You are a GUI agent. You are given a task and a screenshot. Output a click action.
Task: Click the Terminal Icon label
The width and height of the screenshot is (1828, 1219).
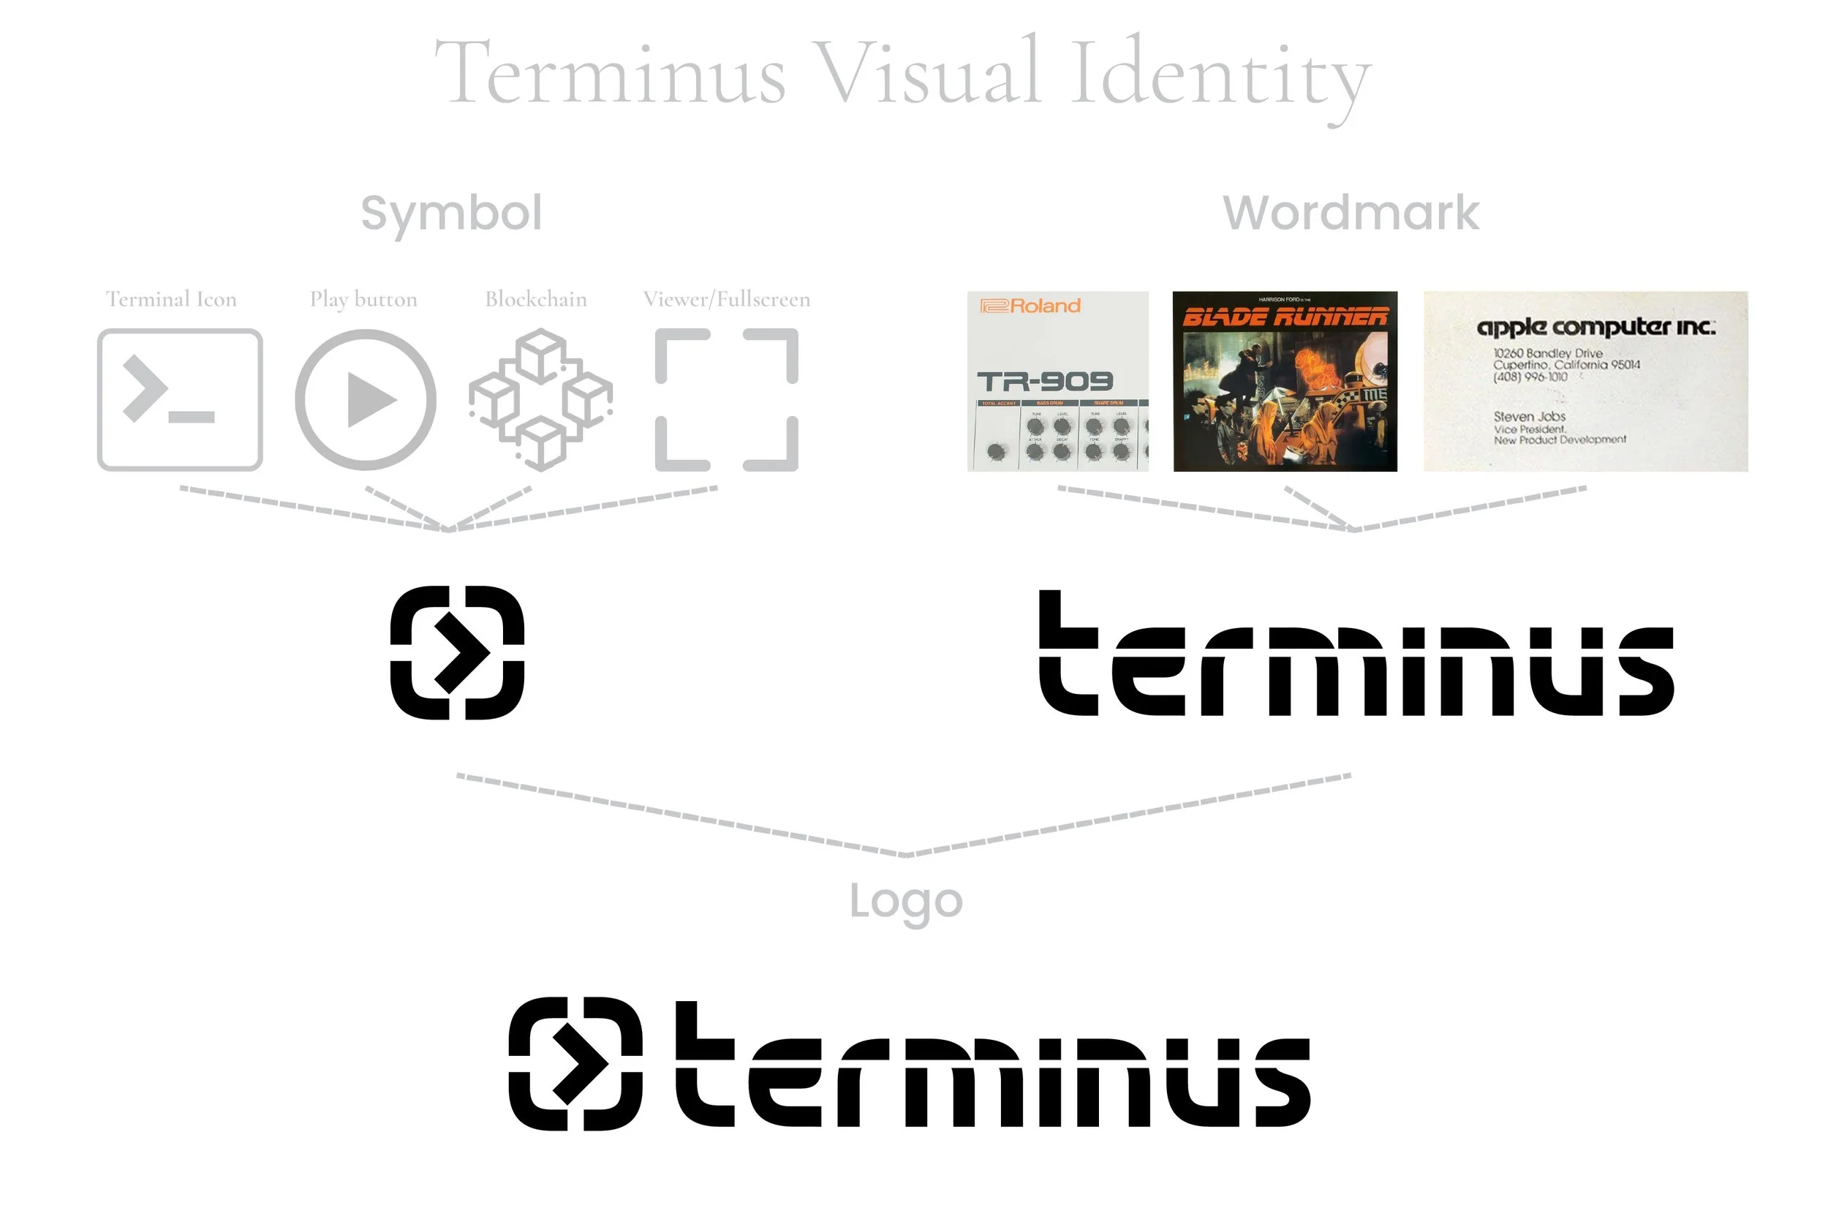click(x=171, y=299)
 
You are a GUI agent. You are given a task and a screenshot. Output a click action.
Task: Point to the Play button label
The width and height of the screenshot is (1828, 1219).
click(x=363, y=299)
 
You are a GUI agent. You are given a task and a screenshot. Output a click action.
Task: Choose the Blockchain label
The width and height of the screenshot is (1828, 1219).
click(x=535, y=299)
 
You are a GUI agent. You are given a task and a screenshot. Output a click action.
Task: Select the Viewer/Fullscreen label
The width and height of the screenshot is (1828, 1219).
click(x=726, y=299)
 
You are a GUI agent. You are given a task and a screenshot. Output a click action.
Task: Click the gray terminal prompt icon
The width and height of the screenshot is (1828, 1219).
click(x=180, y=399)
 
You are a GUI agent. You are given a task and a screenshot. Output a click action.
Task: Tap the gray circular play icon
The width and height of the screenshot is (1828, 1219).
click(x=366, y=399)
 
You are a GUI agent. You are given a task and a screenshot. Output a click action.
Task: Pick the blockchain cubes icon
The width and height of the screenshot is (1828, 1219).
click(x=541, y=399)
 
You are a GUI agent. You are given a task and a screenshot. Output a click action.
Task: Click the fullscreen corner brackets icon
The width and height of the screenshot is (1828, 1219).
click(x=726, y=399)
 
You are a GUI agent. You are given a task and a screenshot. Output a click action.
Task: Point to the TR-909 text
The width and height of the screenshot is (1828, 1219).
click(x=1045, y=382)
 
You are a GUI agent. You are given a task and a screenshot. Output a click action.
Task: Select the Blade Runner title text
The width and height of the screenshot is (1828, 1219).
click(x=1284, y=317)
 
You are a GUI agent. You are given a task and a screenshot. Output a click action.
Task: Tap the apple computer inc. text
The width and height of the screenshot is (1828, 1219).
click(x=1595, y=327)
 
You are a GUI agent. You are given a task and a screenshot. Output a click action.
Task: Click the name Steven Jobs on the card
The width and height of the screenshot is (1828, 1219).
click(x=1529, y=417)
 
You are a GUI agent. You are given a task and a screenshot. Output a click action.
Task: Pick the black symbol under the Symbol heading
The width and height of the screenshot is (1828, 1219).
click(x=457, y=652)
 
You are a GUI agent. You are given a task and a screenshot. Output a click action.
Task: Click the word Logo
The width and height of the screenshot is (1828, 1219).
click(x=905, y=902)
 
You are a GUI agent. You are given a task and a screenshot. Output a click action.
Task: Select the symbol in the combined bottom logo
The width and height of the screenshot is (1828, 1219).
click(x=575, y=1063)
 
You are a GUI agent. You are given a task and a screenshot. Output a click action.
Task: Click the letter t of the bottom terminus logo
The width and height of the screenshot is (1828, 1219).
click(x=703, y=1065)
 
